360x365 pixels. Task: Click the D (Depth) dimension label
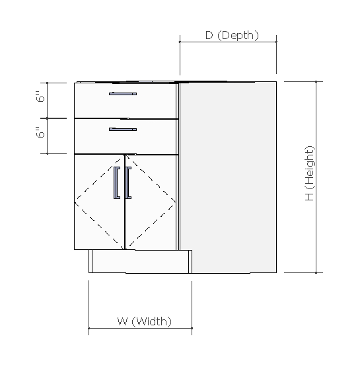coord(231,35)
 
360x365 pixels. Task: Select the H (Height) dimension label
coord(310,173)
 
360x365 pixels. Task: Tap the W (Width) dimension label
coord(145,321)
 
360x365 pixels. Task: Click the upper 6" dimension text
coord(41,98)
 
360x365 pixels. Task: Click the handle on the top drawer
coord(123,94)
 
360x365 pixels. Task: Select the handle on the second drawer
coord(123,128)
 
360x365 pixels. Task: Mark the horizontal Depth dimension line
coord(228,42)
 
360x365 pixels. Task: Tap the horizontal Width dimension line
coord(140,328)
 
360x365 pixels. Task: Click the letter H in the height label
coord(310,197)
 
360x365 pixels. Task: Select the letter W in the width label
coord(122,321)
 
